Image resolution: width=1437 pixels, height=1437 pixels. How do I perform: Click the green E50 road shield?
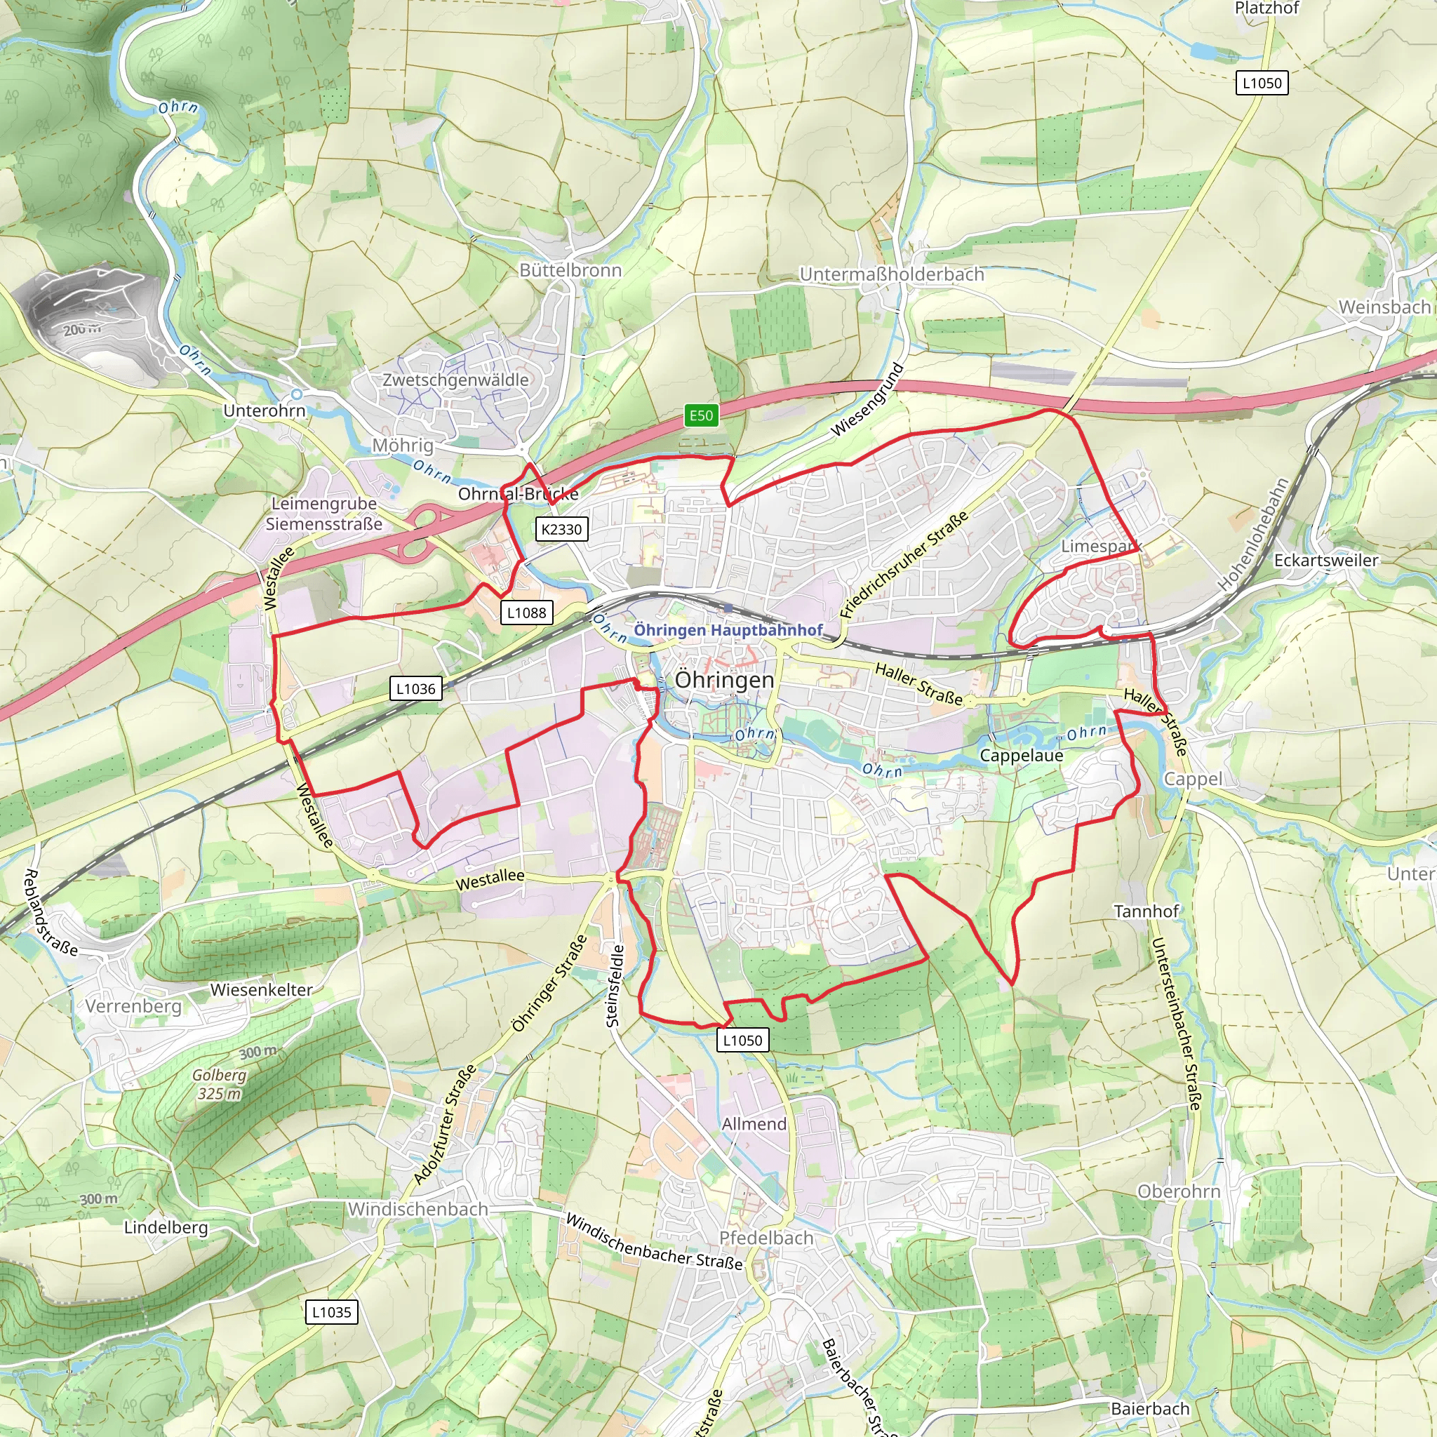pyautogui.click(x=701, y=416)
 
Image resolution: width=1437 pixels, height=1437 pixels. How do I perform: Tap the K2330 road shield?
pyautogui.click(x=561, y=530)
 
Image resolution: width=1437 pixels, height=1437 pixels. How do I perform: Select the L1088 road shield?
pyautogui.click(x=527, y=613)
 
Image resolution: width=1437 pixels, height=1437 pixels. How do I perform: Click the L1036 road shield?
pyautogui.click(x=416, y=689)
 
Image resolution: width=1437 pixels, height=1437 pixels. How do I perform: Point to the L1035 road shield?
pyautogui.click(x=332, y=1312)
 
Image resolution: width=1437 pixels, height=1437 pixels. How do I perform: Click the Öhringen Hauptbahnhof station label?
pyautogui.click(x=728, y=630)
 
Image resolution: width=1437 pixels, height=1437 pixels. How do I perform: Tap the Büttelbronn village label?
pyautogui.click(x=570, y=270)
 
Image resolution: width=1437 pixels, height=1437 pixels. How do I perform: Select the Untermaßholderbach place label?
pyautogui.click(x=892, y=274)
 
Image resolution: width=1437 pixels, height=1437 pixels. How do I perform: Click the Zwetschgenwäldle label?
pyautogui.click(x=455, y=380)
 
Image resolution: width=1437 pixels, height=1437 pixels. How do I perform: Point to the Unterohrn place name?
pyautogui.click(x=264, y=410)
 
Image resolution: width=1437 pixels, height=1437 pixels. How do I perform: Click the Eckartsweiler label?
pyautogui.click(x=1326, y=560)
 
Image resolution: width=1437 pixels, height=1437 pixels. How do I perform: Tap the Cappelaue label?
pyautogui.click(x=1021, y=756)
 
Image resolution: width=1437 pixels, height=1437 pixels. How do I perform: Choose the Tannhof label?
pyautogui.click(x=1147, y=911)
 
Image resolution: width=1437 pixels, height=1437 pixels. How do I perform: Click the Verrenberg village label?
pyautogui.click(x=133, y=1006)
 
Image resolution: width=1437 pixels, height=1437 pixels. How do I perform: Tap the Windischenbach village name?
pyautogui.click(x=418, y=1210)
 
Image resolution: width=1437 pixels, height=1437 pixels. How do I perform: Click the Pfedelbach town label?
pyautogui.click(x=766, y=1238)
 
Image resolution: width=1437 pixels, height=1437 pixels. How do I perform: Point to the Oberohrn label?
pyautogui.click(x=1179, y=1191)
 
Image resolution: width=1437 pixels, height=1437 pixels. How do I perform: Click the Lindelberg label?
pyautogui.click(x=166, y=1227)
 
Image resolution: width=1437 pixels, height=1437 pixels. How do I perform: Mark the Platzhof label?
pyautogui.click(x=1266, y=8)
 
